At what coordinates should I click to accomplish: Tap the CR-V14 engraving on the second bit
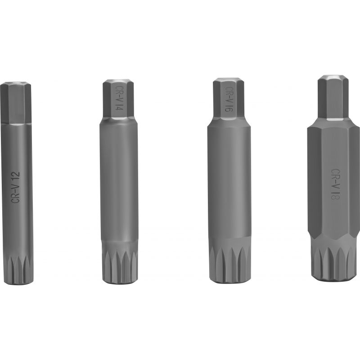[x=119, y=97]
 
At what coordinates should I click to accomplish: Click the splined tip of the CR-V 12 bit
[x=17, y=269]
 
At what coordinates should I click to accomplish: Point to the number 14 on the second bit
[x=119, y=107]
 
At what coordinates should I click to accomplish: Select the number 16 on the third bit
[x=229, y=107]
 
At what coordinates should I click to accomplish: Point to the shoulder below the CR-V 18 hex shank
[x=333, y=123]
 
